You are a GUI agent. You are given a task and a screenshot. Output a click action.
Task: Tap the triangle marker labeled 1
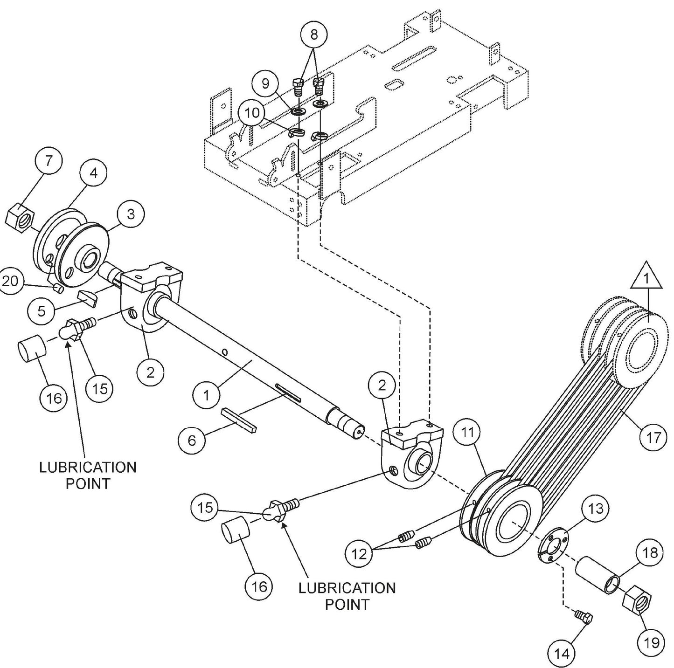(646, 280)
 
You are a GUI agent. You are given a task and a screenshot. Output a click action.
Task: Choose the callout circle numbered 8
(313, 34)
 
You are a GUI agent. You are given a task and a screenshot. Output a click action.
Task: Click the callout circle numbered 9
(265, 83)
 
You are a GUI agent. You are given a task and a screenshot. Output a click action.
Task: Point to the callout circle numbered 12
(359, 554)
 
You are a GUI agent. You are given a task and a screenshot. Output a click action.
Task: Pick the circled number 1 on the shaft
(206, 396)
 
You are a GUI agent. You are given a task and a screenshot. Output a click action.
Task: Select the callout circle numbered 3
(131, 213)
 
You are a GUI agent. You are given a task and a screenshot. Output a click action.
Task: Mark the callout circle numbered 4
(93, 173)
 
